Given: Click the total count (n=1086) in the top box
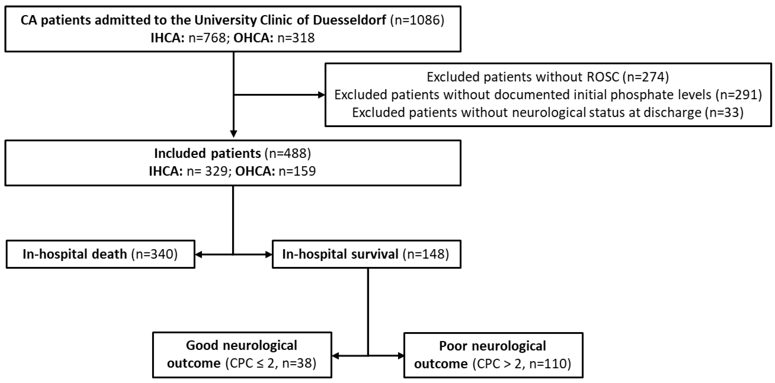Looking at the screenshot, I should point(417,20).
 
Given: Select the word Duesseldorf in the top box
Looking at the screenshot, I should point(350,20).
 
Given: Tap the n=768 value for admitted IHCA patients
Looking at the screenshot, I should point(207,38).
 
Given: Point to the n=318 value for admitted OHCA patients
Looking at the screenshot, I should point(296,38).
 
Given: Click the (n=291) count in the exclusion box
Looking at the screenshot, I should point(739,95).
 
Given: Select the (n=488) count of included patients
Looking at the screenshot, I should point(287,153).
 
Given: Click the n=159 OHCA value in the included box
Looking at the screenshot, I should point(297,171).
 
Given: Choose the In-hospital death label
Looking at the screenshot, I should point(75,254).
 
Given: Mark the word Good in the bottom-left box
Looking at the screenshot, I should point(202,345).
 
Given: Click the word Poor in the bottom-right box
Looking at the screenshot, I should point(453,346).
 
